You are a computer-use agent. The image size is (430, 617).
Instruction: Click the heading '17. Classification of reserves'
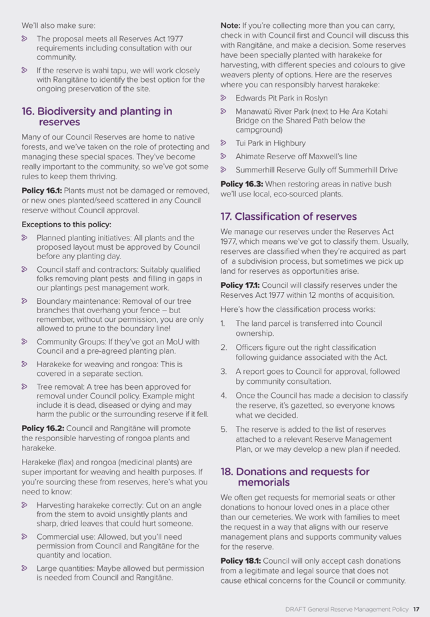click(x=289, y=217)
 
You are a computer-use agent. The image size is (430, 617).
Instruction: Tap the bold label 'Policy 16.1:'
click(x=41, y=189)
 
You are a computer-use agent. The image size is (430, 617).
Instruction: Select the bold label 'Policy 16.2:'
click(x=41, y=428)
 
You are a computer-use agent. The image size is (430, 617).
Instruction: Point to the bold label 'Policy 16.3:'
click(x=241, y=184)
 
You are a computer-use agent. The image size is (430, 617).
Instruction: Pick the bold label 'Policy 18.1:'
click(x=241, y=560)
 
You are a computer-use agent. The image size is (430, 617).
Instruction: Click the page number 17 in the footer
click(x=415, y=608)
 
